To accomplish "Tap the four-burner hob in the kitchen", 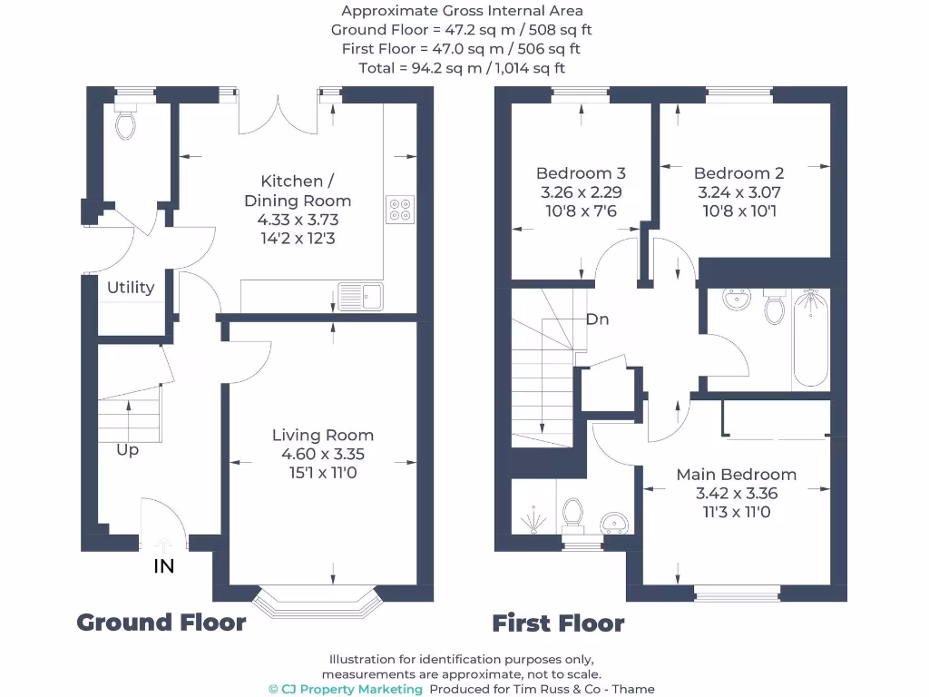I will pos(400,210).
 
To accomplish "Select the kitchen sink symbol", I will pos(360,296).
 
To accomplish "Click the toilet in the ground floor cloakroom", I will pos(125,123).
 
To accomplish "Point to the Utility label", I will pos(131,288).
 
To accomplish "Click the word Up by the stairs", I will pos(127,450).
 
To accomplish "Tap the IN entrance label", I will pos(163,566).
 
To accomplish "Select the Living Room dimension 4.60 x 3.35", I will pos(323,454).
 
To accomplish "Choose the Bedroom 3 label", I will pos(581,173).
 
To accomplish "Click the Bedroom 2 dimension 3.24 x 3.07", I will pos(738,192).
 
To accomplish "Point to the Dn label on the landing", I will pos(597,319).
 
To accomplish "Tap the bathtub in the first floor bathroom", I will pos(810,339).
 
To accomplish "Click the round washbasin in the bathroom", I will pos(735,299).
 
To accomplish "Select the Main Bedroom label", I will pos(736,475).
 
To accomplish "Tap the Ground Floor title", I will pos(161,623).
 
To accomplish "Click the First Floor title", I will pos(558,623).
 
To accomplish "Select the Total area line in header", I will pos(462,68).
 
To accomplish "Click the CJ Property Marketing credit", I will pos(346,689).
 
